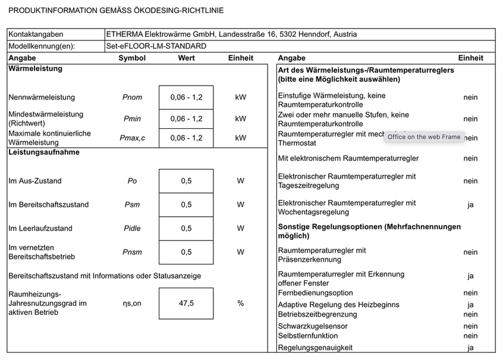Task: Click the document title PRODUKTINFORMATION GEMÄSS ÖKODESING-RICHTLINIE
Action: (117, 11)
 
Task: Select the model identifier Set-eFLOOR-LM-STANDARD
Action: (156, 46)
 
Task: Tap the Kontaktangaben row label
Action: (36, 34)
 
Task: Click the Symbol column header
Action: (132, 58)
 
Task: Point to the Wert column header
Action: (186, 58)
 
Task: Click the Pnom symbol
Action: (132, 97)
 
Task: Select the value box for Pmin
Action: (186, 119)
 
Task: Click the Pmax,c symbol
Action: (132, 138)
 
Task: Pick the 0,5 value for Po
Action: (186, 181)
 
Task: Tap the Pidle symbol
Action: (132, 229)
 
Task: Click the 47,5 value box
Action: (186, 304)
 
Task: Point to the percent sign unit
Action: (240, 304)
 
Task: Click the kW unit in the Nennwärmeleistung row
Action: (240, 97)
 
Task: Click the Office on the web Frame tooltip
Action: (423, 137)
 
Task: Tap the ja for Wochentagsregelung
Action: (470, 205)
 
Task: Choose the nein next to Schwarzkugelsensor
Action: (470, 326)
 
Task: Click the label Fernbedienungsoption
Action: (315, 293)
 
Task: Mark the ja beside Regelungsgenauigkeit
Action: (470, 348)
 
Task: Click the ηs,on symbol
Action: (132, 304)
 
